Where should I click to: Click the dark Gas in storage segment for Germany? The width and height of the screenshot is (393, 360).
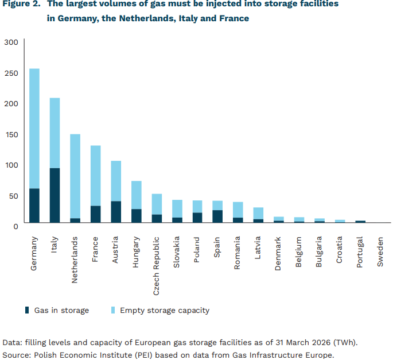(34, 205)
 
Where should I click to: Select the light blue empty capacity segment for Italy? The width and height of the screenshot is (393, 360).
(55, 133)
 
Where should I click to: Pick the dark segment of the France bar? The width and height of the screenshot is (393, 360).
(95, 214)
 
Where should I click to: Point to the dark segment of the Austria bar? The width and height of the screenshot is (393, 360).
(116, 211)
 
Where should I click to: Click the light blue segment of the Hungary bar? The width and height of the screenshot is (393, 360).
(136, 195)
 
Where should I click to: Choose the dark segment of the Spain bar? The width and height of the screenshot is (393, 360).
(217, 216)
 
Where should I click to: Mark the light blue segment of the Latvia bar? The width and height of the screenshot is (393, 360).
(258, 213)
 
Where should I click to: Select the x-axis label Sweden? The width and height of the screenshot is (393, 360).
(380, 251)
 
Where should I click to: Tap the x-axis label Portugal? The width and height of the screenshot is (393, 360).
(360, 253)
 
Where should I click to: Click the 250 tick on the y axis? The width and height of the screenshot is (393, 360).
(12, 73)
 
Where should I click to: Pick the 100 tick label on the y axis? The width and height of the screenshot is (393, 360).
(12, 165)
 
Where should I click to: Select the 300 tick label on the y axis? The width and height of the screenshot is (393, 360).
(12, 42)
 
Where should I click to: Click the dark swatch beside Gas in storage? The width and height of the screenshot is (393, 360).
(27, 311)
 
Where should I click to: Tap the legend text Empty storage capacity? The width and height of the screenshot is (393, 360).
(164, 311)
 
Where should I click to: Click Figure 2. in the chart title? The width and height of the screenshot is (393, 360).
(21, 5)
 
